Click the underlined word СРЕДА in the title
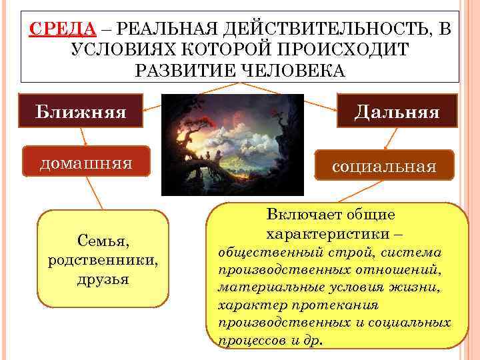coord(63,29)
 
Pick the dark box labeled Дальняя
coord(397,111)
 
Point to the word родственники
coord(103,259)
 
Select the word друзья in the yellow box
coord(103,278)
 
